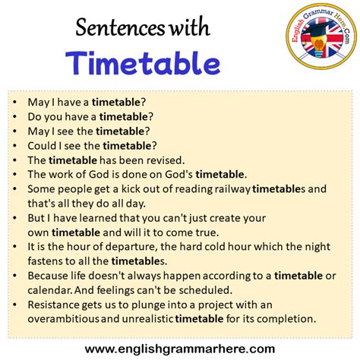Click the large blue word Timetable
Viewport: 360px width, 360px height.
142,62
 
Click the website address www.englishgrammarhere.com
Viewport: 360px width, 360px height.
180,348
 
